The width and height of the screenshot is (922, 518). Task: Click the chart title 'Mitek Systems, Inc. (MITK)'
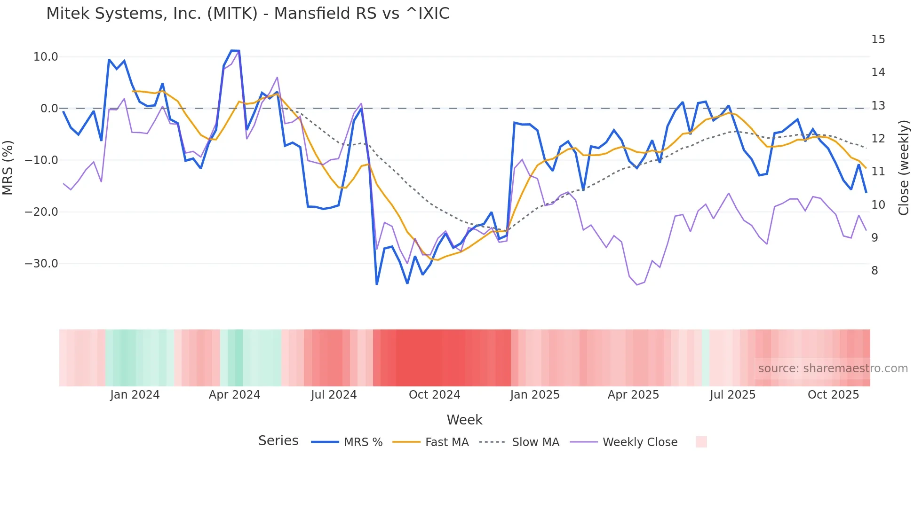point(247,14)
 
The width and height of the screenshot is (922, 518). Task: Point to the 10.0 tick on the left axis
point(46,57)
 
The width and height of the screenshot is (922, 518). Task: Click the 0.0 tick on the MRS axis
point(49,109)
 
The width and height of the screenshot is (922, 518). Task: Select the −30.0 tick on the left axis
point(41,264)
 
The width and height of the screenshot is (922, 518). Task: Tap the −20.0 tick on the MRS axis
point(41,212)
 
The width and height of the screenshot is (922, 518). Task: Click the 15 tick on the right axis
point(878,39)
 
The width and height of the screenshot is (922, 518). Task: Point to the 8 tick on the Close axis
point(874,271)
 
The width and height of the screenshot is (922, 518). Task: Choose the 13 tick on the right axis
point(878,106)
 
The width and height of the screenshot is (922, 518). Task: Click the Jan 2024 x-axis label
point(135,395)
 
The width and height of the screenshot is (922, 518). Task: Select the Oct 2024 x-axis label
point(434,395)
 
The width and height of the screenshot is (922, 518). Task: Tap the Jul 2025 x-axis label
point(732,395)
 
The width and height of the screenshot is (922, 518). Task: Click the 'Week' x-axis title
point(464,420)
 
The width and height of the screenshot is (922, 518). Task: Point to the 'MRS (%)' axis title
point(8,167)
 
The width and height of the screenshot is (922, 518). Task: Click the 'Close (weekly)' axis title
point(904,168)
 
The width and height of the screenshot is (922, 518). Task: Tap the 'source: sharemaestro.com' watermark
point(833,369)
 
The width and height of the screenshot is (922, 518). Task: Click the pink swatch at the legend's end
point(701,442)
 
